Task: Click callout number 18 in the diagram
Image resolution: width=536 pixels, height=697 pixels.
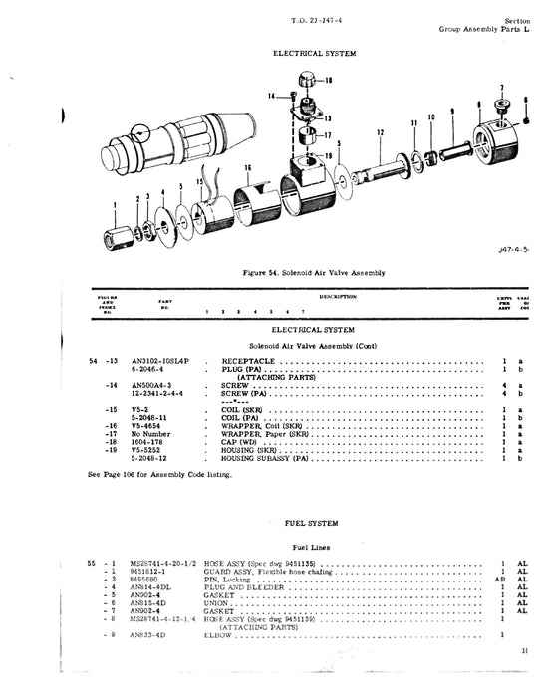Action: pyautogui.click(x=330, y=79)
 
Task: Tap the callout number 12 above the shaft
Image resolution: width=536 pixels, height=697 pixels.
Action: pyautogui.click(x=380, y=131)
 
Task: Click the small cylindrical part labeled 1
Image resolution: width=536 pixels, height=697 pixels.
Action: pyautogui.click(x=116, y=239)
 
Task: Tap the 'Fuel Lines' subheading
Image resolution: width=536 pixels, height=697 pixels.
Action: pyautogui.click(x=308, y=547)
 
